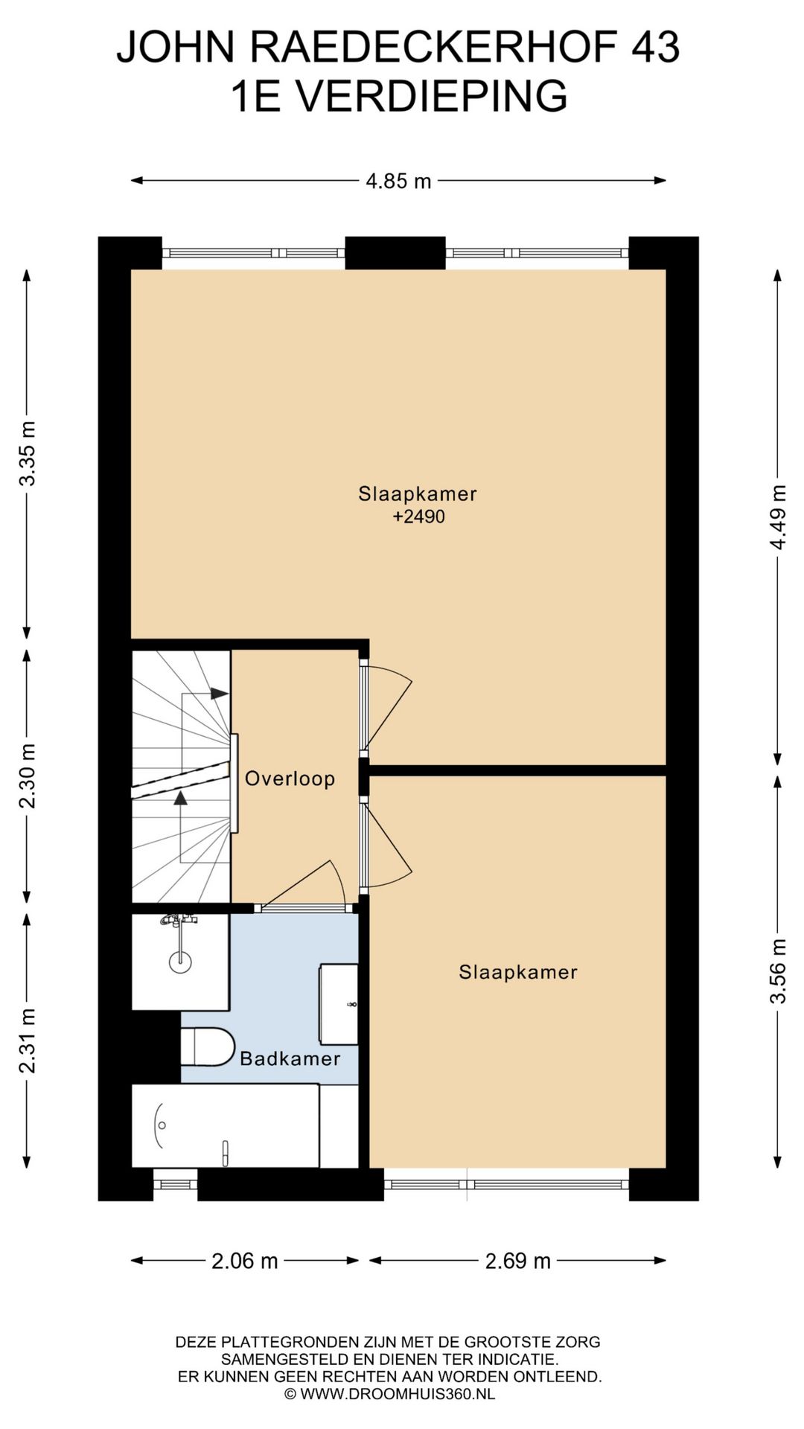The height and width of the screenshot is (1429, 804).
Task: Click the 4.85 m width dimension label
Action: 398,181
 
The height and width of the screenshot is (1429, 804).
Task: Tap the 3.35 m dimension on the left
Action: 28,453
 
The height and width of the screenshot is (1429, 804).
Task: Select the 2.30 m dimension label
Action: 28,776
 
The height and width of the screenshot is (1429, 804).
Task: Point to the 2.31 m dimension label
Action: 28,1040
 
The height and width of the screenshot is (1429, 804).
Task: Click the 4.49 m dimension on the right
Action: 778,517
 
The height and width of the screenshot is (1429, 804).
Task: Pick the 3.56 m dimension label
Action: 778,971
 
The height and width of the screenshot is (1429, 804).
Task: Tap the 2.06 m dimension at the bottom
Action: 245,1261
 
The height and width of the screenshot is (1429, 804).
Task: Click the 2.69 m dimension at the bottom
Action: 518,1261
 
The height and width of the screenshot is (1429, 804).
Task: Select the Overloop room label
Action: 290,779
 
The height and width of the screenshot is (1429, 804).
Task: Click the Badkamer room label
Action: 290,1058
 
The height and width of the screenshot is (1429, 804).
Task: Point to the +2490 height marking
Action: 418,517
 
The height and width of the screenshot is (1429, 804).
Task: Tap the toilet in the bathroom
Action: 208,1046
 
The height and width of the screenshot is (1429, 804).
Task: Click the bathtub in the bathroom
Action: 226,1125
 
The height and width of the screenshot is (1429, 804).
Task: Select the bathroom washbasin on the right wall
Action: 339,1004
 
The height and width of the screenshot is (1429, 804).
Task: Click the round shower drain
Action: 180,962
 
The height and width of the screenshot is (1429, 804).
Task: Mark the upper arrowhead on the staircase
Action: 220,694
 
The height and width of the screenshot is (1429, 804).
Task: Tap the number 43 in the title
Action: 655,48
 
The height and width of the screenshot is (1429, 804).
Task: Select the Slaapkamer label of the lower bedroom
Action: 518,972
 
